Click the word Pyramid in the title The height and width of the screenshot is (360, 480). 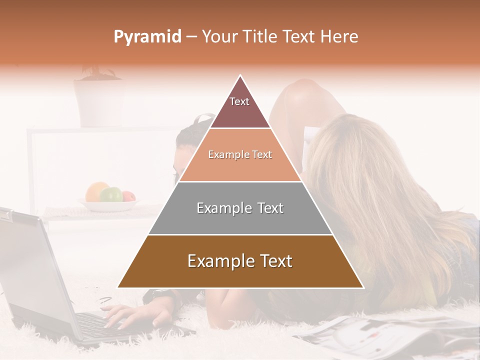pos(147,37)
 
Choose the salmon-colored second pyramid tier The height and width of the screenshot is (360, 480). pos(240,155)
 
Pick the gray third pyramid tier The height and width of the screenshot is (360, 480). pos(240,208)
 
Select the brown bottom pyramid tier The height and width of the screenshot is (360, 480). pos(240,261)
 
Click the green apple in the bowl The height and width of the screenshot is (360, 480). pos(112,194)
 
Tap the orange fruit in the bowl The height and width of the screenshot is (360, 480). pos(95,191)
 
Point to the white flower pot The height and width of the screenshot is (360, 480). pos(98,102)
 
